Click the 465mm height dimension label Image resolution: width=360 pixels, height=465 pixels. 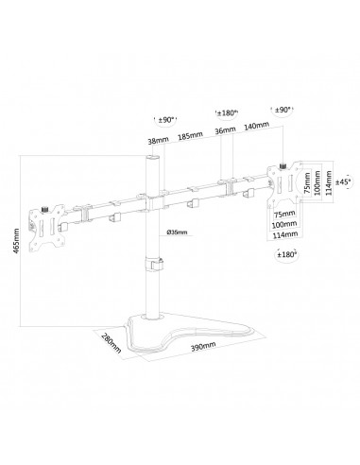(17, 240)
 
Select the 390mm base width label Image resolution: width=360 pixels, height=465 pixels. (203, 347)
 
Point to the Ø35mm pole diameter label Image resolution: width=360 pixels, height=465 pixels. (177, 232)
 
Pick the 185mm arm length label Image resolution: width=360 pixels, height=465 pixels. (190, 135)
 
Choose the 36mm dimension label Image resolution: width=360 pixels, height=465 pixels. (225, 129)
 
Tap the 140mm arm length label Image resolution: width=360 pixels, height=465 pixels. (257, 126)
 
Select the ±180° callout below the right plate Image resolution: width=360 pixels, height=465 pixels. (286, 254)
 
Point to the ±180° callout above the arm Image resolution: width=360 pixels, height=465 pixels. (227, 113)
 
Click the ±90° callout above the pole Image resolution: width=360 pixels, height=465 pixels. (166, 120)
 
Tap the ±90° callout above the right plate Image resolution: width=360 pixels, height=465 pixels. (283, 110)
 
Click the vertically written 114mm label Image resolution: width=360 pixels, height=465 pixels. (329, 182)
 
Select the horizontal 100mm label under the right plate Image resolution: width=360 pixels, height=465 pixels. (284, 224)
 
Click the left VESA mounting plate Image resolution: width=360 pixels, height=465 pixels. (47, 229)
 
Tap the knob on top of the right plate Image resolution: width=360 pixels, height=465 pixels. (283, 165)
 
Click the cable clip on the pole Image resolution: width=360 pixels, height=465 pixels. (154, 264)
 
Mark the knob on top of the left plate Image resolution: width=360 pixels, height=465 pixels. (44, 209)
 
